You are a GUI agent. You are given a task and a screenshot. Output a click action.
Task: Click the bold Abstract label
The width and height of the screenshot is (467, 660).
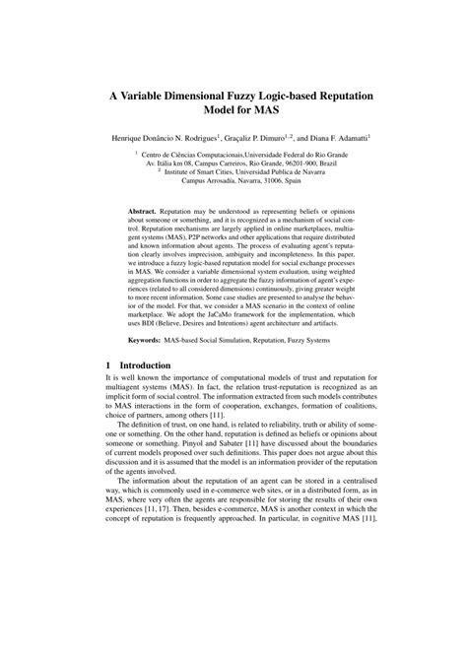pyautogui.click(x=145, y=212)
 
